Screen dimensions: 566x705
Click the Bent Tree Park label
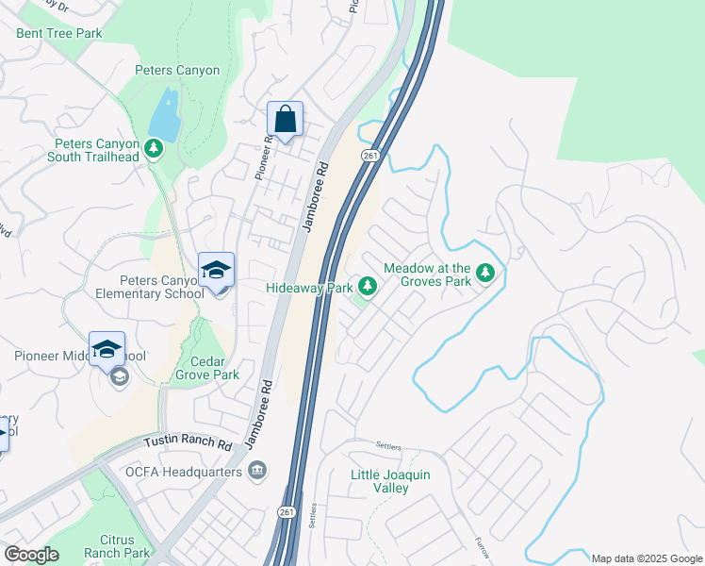(58, 33)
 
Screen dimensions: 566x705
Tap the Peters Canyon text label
(177, 70)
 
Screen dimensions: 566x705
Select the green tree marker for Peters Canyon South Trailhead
(154, 148)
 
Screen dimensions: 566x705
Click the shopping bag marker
(285, 120)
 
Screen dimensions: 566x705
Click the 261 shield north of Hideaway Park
(369, 156)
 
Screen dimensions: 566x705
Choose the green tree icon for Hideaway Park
(368, 287)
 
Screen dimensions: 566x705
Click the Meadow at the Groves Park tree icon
(485, 274)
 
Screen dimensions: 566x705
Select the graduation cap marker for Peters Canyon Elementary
(216, 271)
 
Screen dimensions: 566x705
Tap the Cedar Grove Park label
(207, 367)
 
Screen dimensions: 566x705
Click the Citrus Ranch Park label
(117, 546)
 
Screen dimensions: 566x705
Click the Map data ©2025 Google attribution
(646, 558)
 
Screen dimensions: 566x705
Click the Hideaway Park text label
(309, 287)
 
